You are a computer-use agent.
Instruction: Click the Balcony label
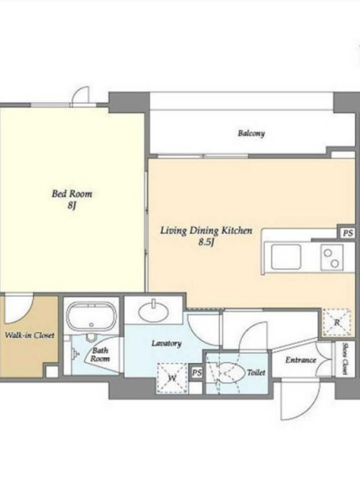[x=251, y=133]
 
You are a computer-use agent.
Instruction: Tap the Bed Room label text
[x=71, y=194]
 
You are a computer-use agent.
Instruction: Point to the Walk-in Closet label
[x=29, y=335]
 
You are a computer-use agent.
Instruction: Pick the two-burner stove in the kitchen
[x=332, y=257]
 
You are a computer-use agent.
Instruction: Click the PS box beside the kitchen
[x=347, y=233]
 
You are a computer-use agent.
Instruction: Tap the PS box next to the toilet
[x=197, y=373]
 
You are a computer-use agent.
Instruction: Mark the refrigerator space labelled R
[x=337, y=322]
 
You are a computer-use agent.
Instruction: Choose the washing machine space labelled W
[x=172, y=378]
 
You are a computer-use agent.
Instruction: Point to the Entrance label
[x=301, y=360]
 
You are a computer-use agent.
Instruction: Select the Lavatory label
[x=167, y=343]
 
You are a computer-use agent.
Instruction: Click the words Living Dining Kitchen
[x=206, y=230]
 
